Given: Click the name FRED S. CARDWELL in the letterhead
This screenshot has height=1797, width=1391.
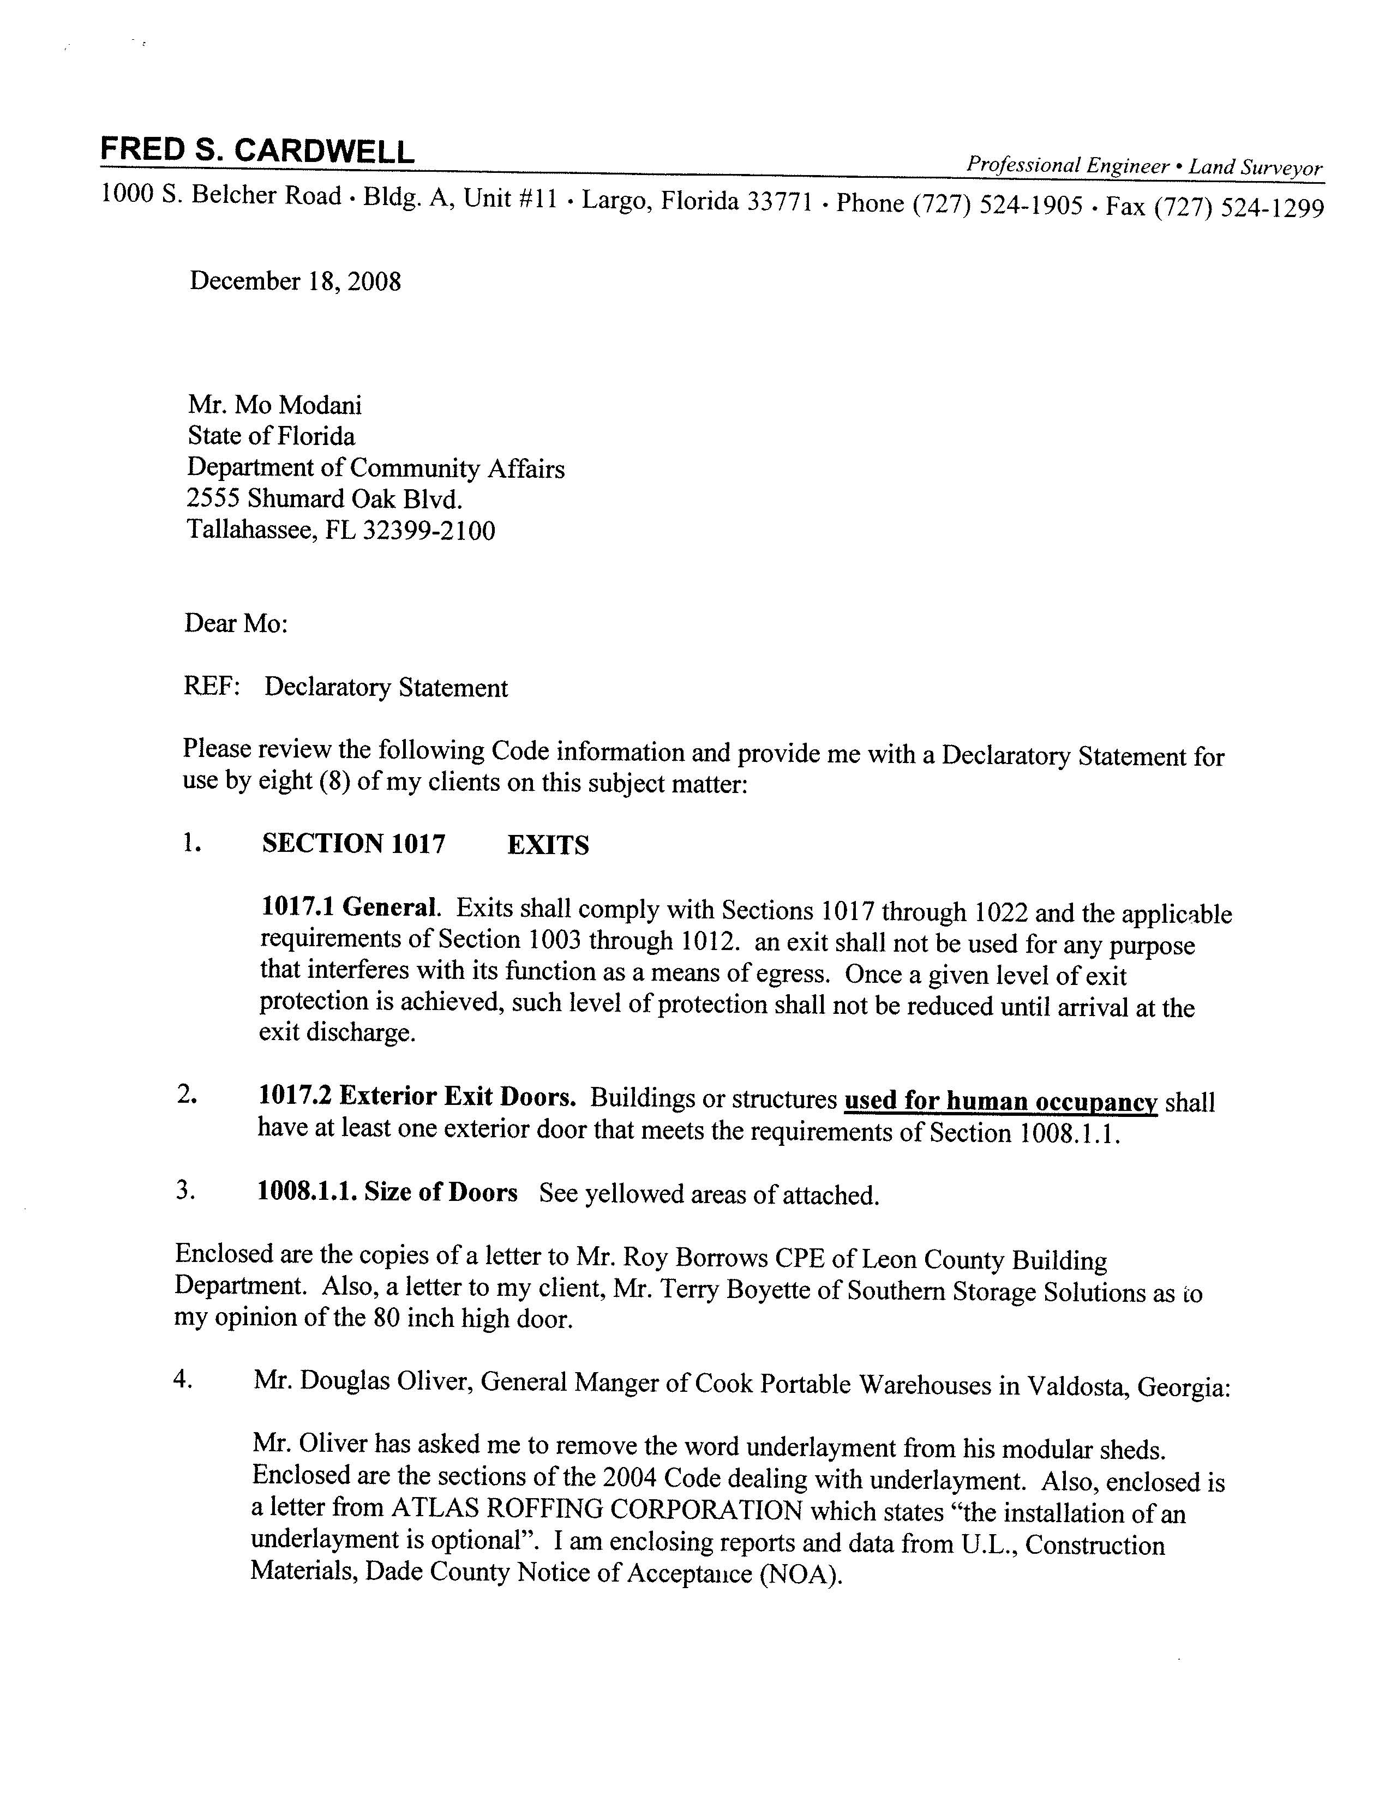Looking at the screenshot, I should pyautogui.click(x=257, y=152).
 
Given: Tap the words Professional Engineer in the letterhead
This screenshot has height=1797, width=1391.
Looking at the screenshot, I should pyautogui.click(x=1068, y=165).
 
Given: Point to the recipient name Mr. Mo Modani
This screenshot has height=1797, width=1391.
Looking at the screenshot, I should pyautogui.click(x=275, y=405).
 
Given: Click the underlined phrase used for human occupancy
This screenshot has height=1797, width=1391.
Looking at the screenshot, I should pyautogui.click(x=1001, y=1101).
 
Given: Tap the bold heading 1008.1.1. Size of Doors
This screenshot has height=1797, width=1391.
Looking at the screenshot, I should pyautogui.click(x=387, y=1192).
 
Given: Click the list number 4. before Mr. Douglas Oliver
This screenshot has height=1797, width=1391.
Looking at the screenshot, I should pyautogui.click(x=183, y=1380).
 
